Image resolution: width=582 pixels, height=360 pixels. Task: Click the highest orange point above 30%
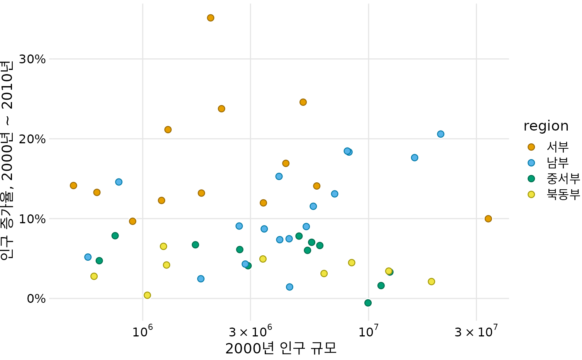(x=210, y=18)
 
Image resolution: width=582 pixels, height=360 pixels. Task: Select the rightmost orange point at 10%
(x=488, y=219)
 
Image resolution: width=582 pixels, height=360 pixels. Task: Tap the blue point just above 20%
(x=440, y=134)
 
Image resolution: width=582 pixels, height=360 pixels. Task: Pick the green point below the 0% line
(x=368, y=303)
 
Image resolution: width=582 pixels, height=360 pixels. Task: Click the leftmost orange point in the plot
(x=73, y=185)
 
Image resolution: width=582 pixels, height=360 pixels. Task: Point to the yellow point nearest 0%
(x=147, y=295)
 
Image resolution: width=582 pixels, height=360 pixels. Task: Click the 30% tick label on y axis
(x=32, y=59)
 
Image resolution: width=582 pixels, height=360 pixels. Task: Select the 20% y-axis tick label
(x=32, y=139)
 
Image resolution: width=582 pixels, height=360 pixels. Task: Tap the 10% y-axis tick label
(x=32, y=219)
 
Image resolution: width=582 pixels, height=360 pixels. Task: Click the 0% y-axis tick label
(x=36, y=299)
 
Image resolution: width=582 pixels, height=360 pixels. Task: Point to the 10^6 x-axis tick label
(x=142, y=331)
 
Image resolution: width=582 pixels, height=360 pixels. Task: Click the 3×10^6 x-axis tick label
(x=250, y=331)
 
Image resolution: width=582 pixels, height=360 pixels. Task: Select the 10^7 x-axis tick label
(x=368, y=331)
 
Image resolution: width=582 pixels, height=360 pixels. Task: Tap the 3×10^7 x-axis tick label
(x=476, y=331)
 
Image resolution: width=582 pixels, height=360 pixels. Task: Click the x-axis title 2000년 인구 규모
(x=281, y=348)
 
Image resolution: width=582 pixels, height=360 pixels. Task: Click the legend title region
(x=546, y=126)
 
